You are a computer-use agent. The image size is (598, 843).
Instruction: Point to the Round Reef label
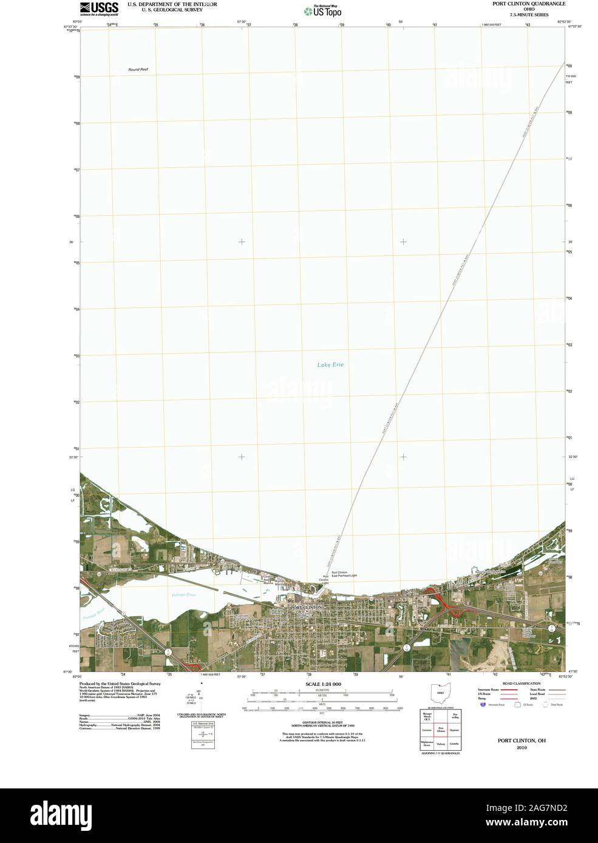pyautogui.click(x=138, y=70)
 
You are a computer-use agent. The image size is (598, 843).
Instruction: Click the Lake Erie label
pyautogui.click(x=330, y=364)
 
